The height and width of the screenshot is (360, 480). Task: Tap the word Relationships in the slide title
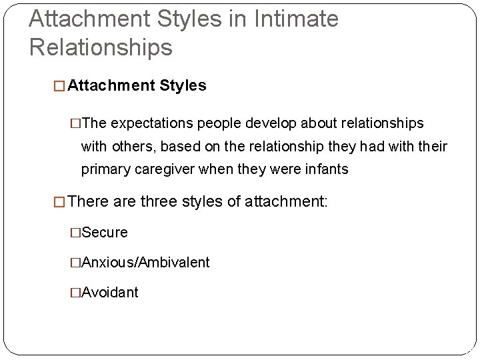[x=101, y=47]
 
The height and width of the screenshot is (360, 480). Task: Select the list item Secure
[x=104, y=232]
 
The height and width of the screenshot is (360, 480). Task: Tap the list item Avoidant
[x=110, y=292]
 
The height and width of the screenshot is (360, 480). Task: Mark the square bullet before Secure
[x=75, y=232]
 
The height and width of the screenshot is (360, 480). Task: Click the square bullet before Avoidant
[x=75, y=292]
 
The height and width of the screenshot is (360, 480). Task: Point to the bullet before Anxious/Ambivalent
[x=75, y=262]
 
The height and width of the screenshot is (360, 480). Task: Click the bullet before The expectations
[x=75, y=124]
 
